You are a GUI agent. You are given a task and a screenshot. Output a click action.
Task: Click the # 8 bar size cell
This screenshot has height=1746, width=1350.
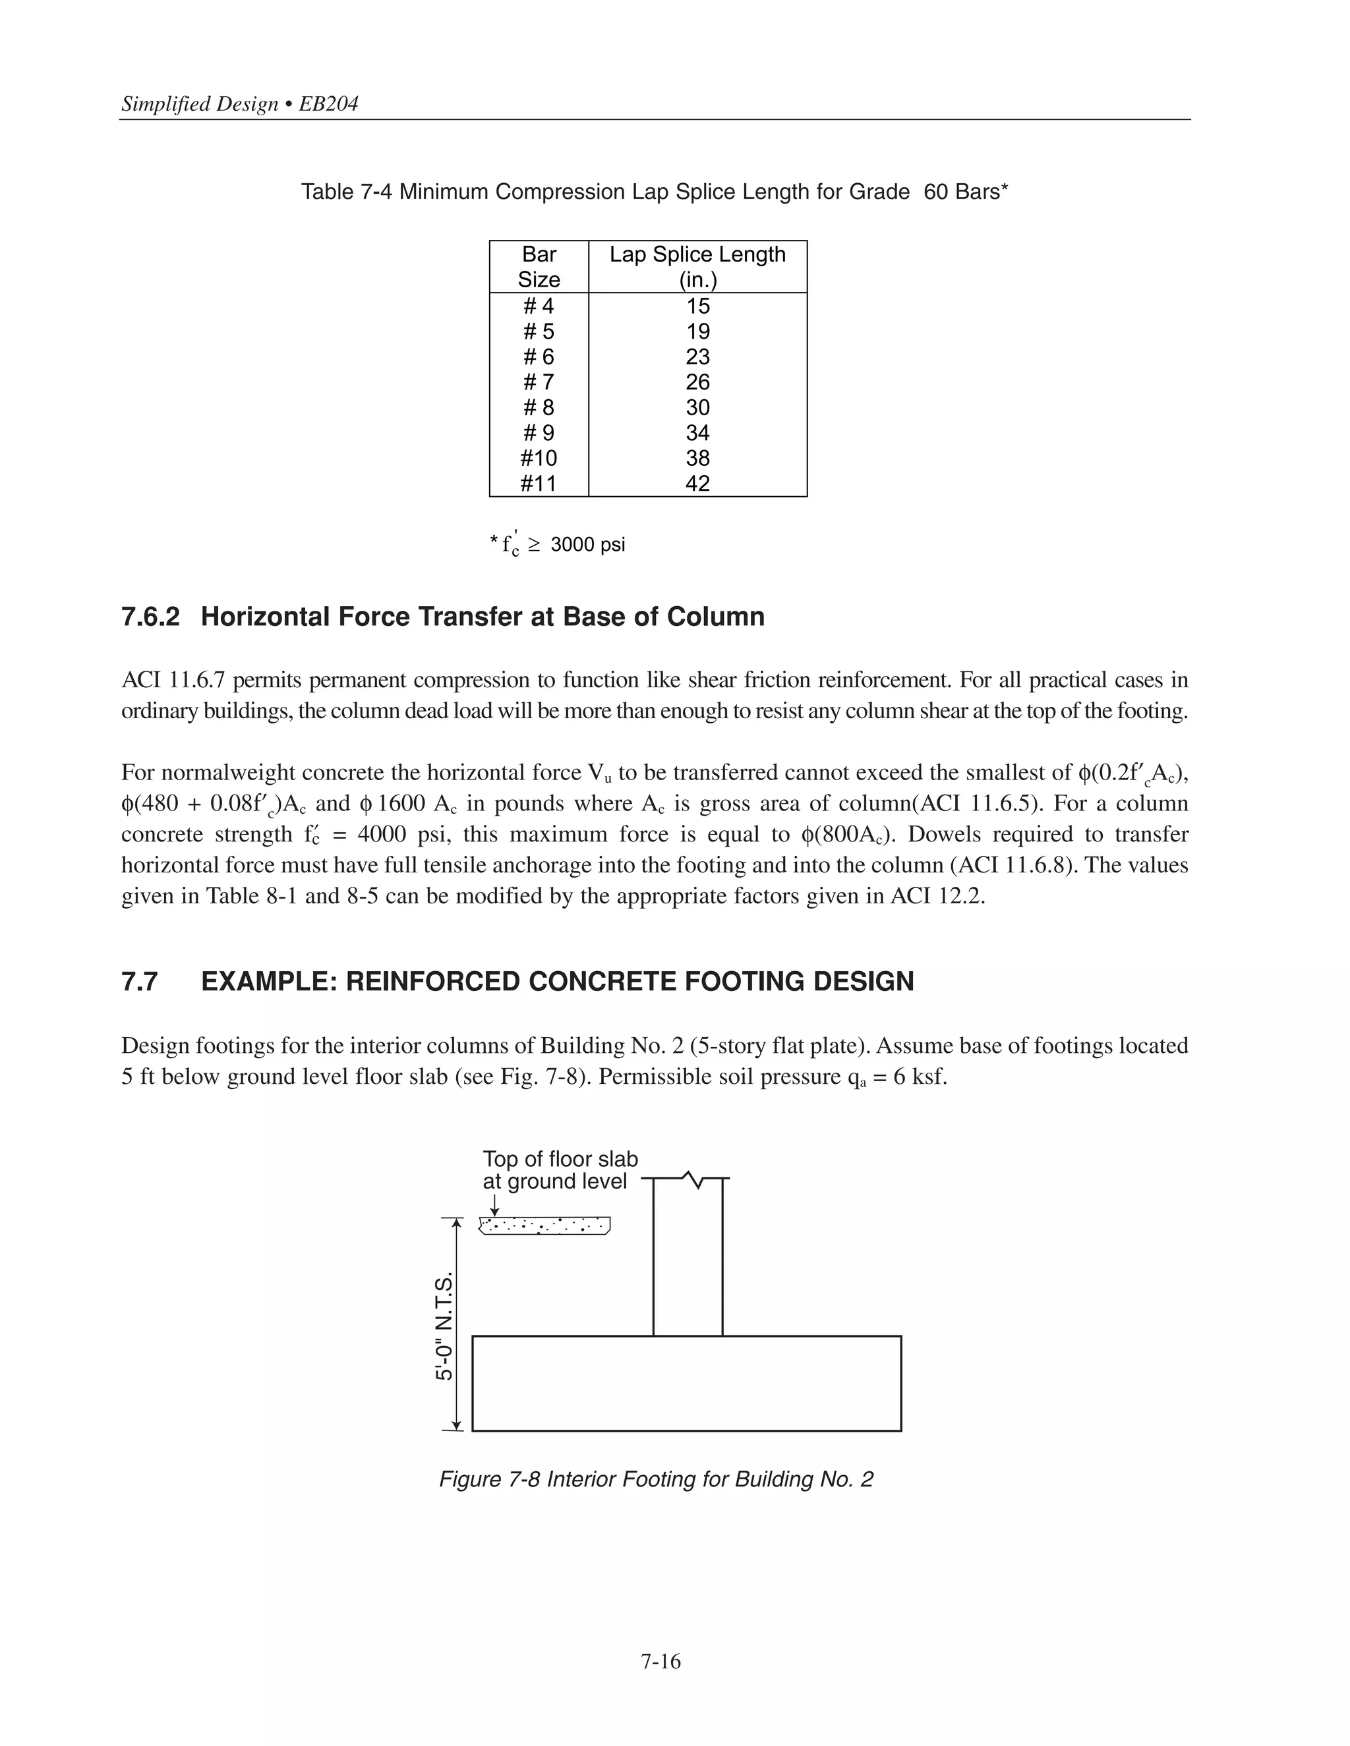click(x=539, y=408)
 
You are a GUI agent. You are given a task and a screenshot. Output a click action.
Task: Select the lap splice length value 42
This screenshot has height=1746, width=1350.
click(x=697, y=484)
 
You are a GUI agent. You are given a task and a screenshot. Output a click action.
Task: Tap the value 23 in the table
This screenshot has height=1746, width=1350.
click(x=697, y=356)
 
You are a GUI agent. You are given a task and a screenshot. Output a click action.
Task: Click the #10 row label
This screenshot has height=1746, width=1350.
click(x=539, y=458)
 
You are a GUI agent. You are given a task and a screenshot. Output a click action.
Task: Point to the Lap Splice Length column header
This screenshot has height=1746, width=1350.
click(x=697, y=266)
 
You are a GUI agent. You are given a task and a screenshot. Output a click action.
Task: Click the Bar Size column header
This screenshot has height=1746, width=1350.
click(x=539, y=266)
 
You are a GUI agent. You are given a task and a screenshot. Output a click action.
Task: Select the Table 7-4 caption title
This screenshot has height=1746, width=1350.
click(x=654, y=192)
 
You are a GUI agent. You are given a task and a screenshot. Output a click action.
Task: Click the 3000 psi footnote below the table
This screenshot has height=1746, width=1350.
click(x=587, y=544)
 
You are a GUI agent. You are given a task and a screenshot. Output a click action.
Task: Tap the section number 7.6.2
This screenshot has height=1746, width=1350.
click(x=150, y=617)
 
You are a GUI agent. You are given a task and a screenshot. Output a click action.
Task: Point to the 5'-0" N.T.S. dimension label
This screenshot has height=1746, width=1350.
click(x=444, y=1326)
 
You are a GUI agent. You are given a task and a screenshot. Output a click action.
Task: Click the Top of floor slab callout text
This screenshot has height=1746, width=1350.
click(x=560, y=1170)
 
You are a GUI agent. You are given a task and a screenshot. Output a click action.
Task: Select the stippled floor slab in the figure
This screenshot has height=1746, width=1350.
click(x=544, y=1225)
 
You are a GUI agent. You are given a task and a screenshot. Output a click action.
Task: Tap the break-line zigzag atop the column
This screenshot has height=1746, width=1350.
click(x=693, y=1180)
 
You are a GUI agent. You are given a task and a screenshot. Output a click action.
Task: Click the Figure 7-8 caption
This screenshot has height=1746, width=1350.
click(x=656, y=1479)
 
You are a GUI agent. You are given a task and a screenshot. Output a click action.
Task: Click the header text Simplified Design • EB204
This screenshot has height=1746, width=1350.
click(x=240, y=104)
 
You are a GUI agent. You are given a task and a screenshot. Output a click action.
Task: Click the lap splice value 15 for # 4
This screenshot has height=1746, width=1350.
click(x=697, y=306)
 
